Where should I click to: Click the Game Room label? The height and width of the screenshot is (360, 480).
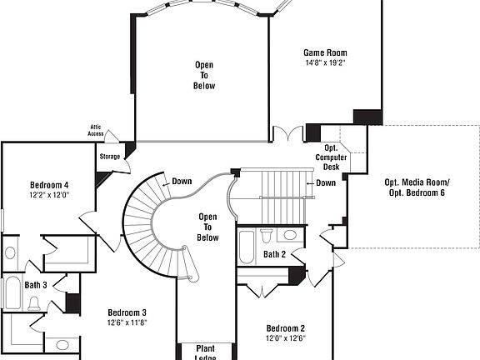[324, 52]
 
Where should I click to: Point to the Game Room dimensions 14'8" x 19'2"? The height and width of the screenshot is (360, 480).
[324, 62]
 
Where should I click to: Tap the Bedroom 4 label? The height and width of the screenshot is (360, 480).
[49, 185]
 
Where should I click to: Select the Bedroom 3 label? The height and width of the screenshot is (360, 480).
[127, 312]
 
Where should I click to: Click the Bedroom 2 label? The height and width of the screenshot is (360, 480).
[286, 328]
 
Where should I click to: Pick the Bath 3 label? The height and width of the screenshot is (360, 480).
[36, 285]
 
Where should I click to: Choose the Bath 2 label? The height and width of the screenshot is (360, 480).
[275, 254]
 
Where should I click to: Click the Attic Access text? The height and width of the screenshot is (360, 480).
[97, 131]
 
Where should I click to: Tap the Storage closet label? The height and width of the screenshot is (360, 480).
[110, 156]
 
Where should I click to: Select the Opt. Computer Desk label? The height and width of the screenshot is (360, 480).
[331, 157]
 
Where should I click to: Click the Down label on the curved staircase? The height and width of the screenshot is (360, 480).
[182, 181]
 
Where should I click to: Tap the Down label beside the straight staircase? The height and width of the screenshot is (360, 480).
[326, 182]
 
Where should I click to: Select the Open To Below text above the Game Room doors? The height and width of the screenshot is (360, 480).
[205, 75]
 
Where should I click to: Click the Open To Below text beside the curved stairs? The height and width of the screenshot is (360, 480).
[207, 227]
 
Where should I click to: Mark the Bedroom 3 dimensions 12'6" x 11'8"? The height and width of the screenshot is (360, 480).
[127, 322]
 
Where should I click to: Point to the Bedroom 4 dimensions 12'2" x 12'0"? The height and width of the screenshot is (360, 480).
[49, 195]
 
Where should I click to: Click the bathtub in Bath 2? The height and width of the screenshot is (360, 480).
[247, 248]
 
